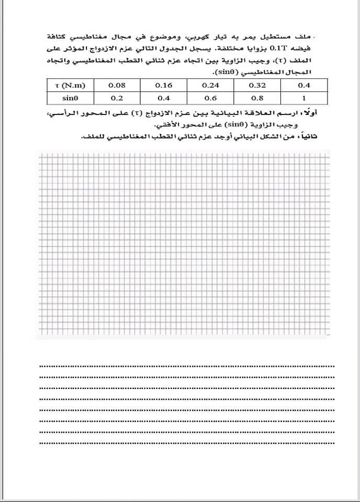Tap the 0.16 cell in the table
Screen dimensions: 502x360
pyautogui.click(x=164, y=85)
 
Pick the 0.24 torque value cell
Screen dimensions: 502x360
pyautogui.click(x=211, y=85)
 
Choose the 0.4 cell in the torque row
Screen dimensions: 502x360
pyautogui.click(x=304, y=85)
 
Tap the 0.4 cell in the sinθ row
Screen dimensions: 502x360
pyautogui.click(x=164, y=98)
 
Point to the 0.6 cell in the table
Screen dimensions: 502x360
pyautogui.click(x=211, y=98)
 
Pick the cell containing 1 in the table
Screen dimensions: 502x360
pyautogui.click(x=304, y=98)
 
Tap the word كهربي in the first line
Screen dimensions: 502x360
pyautogui.click(x=193, y=36)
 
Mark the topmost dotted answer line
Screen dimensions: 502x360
pyautogui.click(x=186, y=366)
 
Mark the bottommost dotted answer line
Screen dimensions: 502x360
pyautogui.click(x=186, y=443)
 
